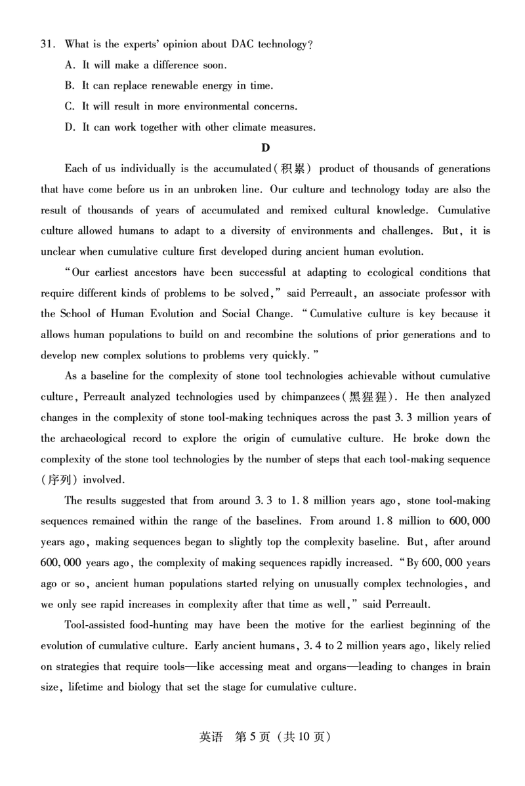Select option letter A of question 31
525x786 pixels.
pos(70,65)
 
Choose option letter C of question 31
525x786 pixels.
pos(70,106)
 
